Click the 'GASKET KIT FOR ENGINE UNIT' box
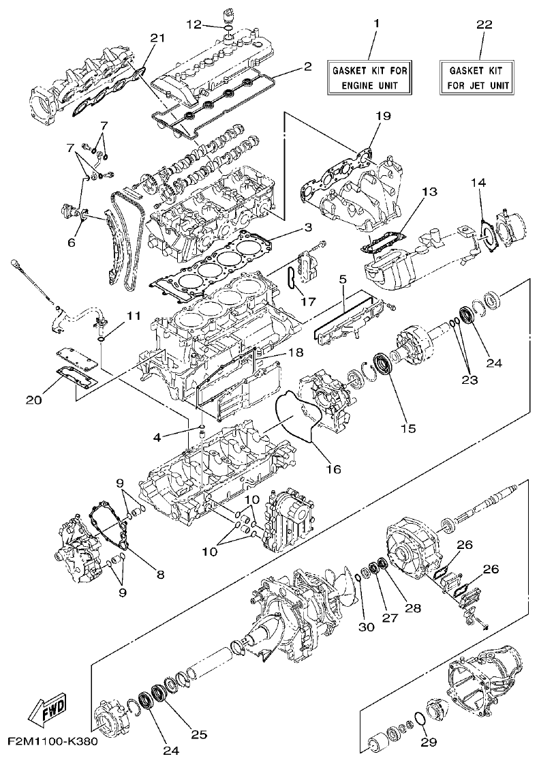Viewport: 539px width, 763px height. (373, 78)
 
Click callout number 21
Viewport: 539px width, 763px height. (157, 38)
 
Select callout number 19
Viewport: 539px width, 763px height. (383, 116)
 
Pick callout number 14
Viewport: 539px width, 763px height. (478, 183)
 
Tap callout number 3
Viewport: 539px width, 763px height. (308, 226)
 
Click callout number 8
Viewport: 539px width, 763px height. (161, 575)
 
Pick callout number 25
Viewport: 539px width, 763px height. (198, 734)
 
